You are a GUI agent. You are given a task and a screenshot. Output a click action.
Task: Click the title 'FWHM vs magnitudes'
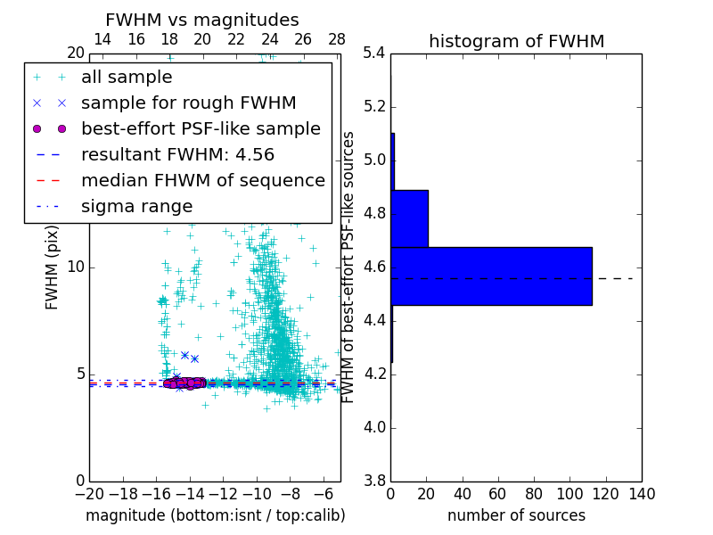tap(202, 21)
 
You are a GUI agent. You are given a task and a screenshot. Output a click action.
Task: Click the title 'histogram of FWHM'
tap(516, 41)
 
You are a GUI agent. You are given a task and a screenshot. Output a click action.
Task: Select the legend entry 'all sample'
tap(127, 78)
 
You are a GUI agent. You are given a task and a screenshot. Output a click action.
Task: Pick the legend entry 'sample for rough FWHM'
tap(188, 103)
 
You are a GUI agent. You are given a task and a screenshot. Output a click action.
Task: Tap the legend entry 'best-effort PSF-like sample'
tap(201, 129)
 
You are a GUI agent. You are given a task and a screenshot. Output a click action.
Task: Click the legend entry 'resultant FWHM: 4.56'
tap(177, 155)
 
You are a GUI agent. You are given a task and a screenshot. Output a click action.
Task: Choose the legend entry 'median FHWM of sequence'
tap(202, 181)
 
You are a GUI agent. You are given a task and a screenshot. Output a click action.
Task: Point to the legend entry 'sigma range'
tap(136, 207)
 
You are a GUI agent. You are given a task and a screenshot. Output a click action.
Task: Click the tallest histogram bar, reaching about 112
tap(491, 276)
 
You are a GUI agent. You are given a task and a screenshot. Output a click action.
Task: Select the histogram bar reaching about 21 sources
tap(409, 218)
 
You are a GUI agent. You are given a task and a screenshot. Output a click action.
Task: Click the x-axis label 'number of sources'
tap(516, 516)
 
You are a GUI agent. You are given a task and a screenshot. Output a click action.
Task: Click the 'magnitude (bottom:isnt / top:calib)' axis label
tap(215, 516)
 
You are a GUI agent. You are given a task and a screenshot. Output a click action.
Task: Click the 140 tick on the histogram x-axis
tap(642, 494)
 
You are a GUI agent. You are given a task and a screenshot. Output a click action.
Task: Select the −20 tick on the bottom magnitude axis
tap(89, 494)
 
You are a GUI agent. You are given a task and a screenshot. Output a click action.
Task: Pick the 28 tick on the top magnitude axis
tap(337, 40)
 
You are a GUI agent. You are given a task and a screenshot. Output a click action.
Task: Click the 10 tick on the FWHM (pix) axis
tap(76, 267)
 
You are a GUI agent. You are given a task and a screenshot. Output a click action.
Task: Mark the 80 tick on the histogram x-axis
tap(534, 494)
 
